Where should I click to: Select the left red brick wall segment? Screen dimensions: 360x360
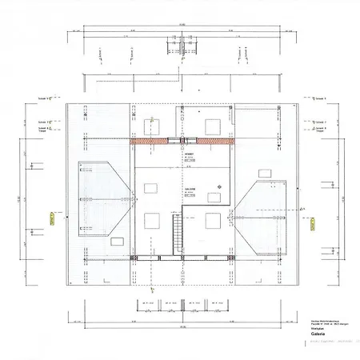tap(150, 142)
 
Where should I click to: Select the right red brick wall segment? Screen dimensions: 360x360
tap(215, 142)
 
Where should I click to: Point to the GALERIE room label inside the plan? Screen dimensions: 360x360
tap(191, 190)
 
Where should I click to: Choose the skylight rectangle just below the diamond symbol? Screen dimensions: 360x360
tap(214, 197)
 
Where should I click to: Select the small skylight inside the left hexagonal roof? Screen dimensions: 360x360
tap(118, 240)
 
